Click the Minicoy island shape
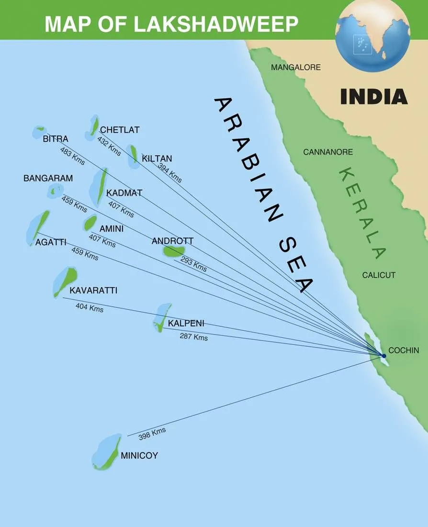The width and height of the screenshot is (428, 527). coord(107,453)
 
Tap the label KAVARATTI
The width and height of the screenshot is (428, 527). coord(93,291)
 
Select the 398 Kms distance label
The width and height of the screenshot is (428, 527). coord(152,433)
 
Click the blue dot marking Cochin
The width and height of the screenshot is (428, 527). coord(383,356)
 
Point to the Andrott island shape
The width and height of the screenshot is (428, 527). coord(173,251)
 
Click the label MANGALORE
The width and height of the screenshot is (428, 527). coord(295,67)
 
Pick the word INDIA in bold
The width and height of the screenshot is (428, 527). coord(374,97)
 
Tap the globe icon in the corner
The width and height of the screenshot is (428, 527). coord(372,36)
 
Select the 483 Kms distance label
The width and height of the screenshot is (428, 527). coord(72,156)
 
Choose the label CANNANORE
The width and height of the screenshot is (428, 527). coord(328,152)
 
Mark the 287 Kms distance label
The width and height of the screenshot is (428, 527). coord(194,337)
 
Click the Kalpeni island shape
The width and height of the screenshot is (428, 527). coord(162,316)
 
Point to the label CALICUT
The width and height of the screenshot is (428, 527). coord(379,275)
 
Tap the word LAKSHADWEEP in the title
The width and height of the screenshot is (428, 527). coord(216,23)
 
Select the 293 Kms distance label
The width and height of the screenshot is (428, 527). coord(193,264)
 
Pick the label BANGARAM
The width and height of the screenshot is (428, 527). coord(48,179)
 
